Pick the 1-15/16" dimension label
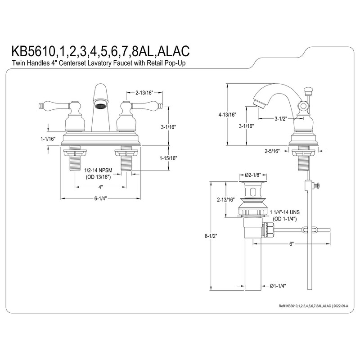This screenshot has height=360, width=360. point(167,158)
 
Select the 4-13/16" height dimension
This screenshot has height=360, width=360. point(227,115)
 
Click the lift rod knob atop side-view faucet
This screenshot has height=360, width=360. point(309,91)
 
